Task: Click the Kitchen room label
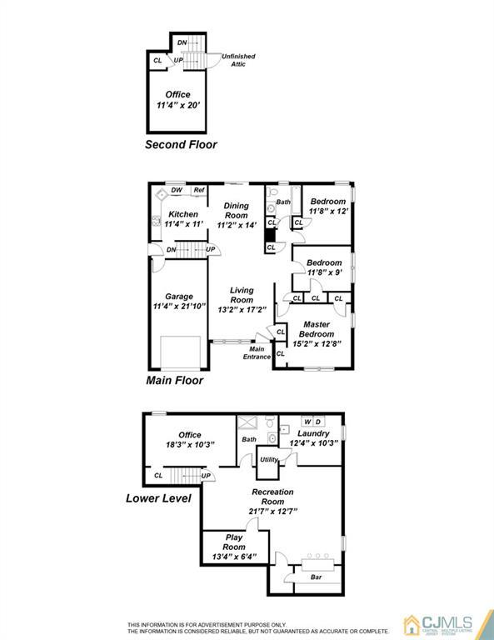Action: click(x=183, y=214)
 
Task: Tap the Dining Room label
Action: click(x=237, y=210)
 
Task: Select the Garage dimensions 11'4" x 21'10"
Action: click(x=179, y=306)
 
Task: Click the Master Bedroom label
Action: click(x=317, y=329)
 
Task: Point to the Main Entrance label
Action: click(x=257, y=352)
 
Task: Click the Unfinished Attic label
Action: click(x=238, y=60)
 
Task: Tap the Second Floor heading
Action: click(x=181, y=144)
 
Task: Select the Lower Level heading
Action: click(x=158, y=498)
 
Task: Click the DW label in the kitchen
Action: click(x=177, y=190)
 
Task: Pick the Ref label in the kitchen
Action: click(x=199, y=190)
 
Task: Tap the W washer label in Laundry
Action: click(x=307, y=422)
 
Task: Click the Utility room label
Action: click(x=269, y=460)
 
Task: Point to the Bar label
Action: click(x=317, y=577)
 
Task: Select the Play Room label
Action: click(x=234, y=542)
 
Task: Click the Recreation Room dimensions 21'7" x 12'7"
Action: click(x=273, y=511)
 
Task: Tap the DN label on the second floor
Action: click(x=182, y=42)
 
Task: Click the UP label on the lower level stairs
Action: click(x=206, y=476)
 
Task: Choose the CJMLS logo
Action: click(x=438, y=625)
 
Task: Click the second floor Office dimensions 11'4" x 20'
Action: click(x=178, y=105)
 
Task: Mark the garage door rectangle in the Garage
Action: click(x=180, y=352)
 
